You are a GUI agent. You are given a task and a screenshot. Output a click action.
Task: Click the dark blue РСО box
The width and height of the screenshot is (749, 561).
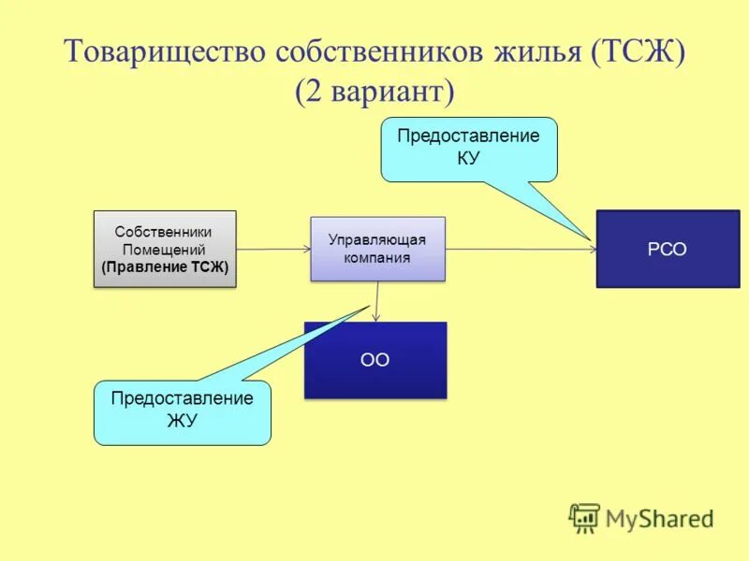click(x=667, y=249)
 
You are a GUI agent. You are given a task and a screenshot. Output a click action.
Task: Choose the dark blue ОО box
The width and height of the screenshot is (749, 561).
click(x=374, y=360)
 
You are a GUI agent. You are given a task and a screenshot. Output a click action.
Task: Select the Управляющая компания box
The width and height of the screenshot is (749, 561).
click(x=377, y=249)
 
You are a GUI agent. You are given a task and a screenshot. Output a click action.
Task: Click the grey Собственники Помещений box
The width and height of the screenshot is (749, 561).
click(x=165, y=249)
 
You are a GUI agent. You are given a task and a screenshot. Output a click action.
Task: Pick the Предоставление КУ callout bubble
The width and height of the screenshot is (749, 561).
click(x=468, y=147)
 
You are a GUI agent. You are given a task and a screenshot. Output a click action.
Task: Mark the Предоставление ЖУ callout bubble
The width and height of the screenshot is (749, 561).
click(x=182, y=411)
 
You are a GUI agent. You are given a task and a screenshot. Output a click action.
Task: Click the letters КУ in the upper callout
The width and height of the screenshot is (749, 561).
click(x=468, y=158)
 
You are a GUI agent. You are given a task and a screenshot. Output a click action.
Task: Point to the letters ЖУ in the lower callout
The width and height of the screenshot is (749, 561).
click(x=182, y=421)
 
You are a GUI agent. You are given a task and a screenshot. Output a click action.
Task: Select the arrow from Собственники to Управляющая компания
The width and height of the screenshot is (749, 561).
click(x=273, y=250)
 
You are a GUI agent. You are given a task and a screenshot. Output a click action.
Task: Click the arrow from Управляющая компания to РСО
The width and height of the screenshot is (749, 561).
click(x=521, y=250)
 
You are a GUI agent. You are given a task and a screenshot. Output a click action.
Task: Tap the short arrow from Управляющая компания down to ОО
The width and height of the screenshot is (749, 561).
click(x=377, y=301)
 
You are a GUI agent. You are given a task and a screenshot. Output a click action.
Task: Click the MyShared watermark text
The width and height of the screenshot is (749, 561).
click(x=659, y=518)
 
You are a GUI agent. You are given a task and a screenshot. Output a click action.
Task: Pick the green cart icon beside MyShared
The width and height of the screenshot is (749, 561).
click(x=584, y=518)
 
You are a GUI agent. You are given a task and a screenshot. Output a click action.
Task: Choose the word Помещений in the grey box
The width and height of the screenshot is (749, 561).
click(x=165, y=250)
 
